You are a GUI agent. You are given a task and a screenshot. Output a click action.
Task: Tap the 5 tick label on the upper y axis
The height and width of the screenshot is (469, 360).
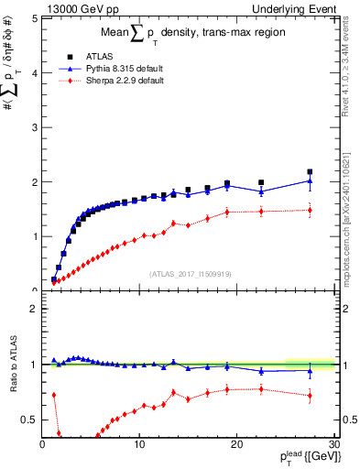coord(32,17)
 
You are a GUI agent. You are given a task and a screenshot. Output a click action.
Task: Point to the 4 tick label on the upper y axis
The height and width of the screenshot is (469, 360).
coord(32,72)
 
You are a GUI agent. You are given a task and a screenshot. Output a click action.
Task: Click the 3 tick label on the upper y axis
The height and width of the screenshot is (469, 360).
coord(32,126)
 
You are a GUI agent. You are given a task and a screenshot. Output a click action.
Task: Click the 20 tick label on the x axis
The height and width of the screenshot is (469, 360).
coord(236,444)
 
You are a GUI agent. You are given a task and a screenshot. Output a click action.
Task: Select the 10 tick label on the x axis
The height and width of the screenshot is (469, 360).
coord(139,444)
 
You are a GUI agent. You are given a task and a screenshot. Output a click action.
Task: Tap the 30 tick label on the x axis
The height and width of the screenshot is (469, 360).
coord(333,444)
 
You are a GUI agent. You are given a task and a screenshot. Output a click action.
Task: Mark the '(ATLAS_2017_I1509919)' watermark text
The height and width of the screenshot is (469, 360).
coord(190,273)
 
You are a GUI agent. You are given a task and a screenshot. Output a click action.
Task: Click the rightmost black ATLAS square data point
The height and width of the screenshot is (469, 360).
coord(310,172)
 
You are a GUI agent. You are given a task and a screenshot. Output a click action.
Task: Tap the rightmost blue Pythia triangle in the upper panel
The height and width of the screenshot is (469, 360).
coord(310,180)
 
